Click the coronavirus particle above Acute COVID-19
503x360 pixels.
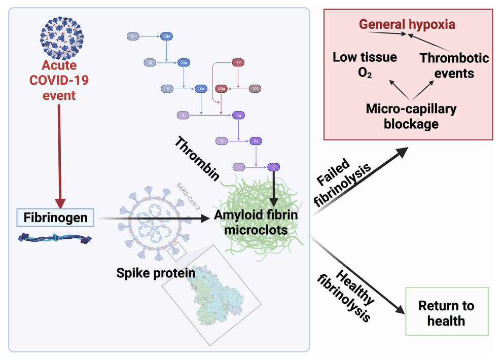[59, 36]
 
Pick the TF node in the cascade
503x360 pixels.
[238, 62]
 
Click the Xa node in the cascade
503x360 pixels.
[238, 116]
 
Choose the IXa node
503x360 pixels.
[202, 89]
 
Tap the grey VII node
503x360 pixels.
[256, 89]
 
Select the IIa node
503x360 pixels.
[256, 141]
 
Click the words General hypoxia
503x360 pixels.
[407, 24]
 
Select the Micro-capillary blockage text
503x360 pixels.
[411, 116]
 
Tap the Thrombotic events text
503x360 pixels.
[454, 65]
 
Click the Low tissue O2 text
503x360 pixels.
[365, 64]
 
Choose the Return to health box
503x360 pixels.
[446, 313]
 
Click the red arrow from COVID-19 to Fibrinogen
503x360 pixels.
[60, 152]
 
